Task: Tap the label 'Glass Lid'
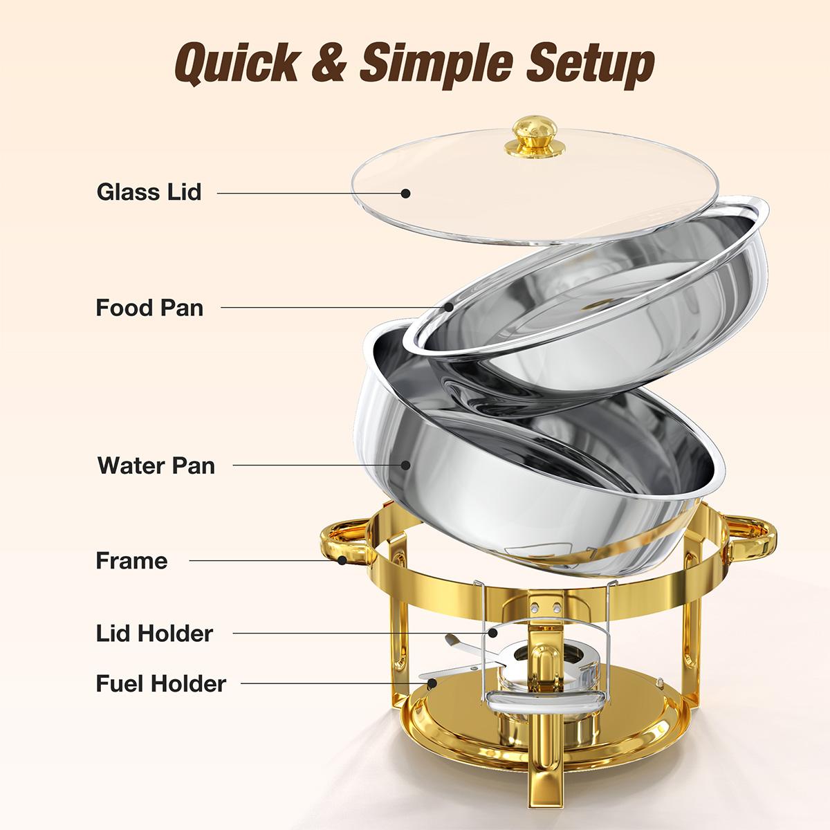click(149, 191)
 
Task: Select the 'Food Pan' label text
click(149, 306)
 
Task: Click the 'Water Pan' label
click(156, 465)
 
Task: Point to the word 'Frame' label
click(131, 560)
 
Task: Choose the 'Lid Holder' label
click(154, 633)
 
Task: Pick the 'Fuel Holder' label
click(160, 683)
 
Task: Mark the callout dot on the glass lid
click(406, 193)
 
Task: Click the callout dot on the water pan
click(406, 465)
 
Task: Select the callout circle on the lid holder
click(493, 631)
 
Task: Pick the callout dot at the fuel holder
click(432, 683)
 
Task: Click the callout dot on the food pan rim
click(449, 306)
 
